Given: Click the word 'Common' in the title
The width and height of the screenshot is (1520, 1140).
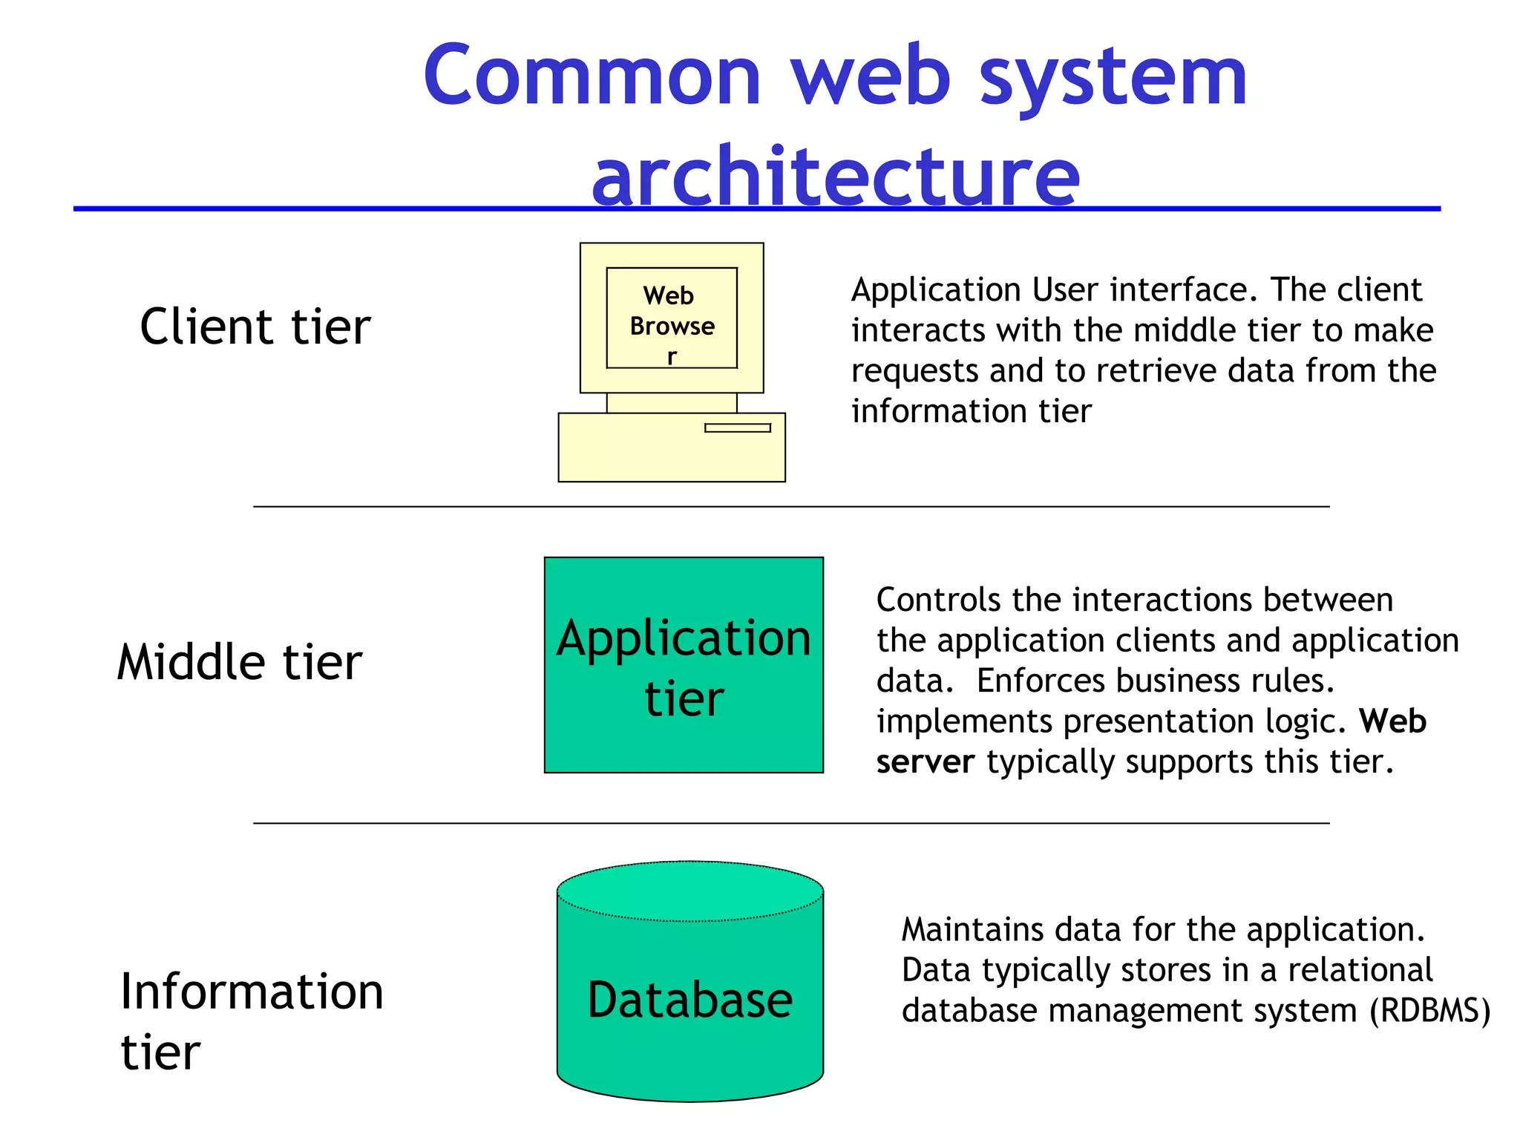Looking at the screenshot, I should click(x=592, y=76).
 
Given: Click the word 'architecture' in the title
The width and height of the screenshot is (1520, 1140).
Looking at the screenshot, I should click(x=835, y=177).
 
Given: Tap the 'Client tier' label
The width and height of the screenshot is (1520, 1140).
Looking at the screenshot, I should click(x=255, y=327).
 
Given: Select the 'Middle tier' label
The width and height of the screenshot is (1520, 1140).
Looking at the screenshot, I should click(x=239, y=662).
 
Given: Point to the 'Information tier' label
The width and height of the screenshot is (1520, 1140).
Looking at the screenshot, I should click(x=251, y=1021).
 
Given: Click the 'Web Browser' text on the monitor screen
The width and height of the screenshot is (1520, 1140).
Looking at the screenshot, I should click(x=672, y=325).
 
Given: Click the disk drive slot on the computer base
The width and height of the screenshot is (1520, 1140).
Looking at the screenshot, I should click(x=737, y=427).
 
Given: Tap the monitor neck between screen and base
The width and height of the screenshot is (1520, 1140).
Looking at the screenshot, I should click(x=672, y=403).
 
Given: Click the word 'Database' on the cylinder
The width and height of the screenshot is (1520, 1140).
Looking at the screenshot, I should click(x=689, y=1000).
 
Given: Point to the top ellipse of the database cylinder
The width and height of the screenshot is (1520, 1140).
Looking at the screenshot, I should click(x=689, y=891).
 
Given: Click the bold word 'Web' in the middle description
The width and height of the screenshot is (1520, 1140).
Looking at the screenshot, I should click(x=1392, y=721).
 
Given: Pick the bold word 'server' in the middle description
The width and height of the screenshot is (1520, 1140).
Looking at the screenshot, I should click(x=925, y=762).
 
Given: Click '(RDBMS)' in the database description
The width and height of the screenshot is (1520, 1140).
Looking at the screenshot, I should click(x=1429, y=1011).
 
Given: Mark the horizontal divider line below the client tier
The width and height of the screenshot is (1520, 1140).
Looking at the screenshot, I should click(x=791, y=507).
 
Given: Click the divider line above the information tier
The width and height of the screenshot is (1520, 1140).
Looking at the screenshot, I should click(x=791, y=823).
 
